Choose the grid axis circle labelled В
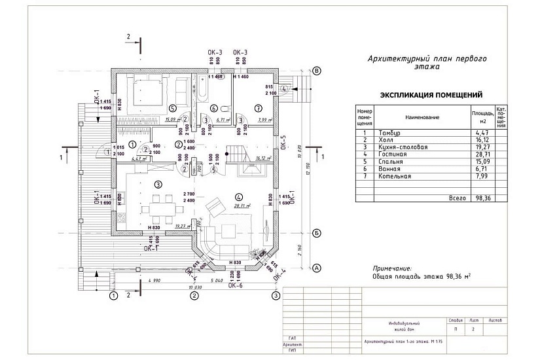(316, 71)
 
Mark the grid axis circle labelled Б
(316, 232)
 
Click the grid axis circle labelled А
(316, 268)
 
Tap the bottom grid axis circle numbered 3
(276, 296)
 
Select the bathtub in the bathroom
(201, 90)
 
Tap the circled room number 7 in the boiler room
(258, 107)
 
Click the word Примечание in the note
(391, 268)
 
